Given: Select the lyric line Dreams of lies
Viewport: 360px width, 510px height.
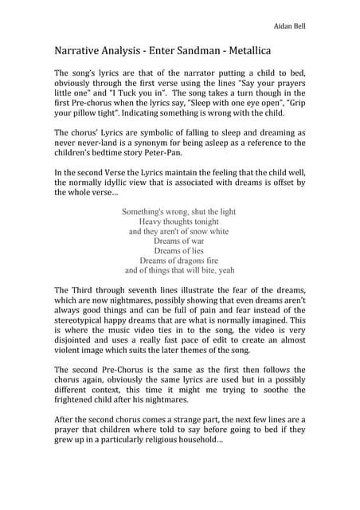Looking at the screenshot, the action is click(x=180, y=250).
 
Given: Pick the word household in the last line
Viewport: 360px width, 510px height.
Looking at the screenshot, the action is click(x=195, y=439).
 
